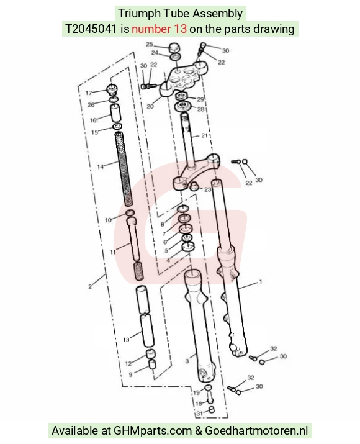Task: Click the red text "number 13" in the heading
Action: coord(160,29)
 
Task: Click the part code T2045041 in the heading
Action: coord(91,29)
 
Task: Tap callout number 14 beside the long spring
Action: coord(101,166)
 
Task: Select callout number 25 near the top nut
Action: coord(150,44)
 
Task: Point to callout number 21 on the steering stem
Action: coord(204,135)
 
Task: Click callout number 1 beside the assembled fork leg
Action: coord(261,281)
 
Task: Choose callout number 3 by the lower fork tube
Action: coord(187,361)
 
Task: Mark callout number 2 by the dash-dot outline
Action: coord(90,286)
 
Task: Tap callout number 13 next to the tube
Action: coord(126,339)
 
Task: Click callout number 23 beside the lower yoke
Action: coord(208,189)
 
